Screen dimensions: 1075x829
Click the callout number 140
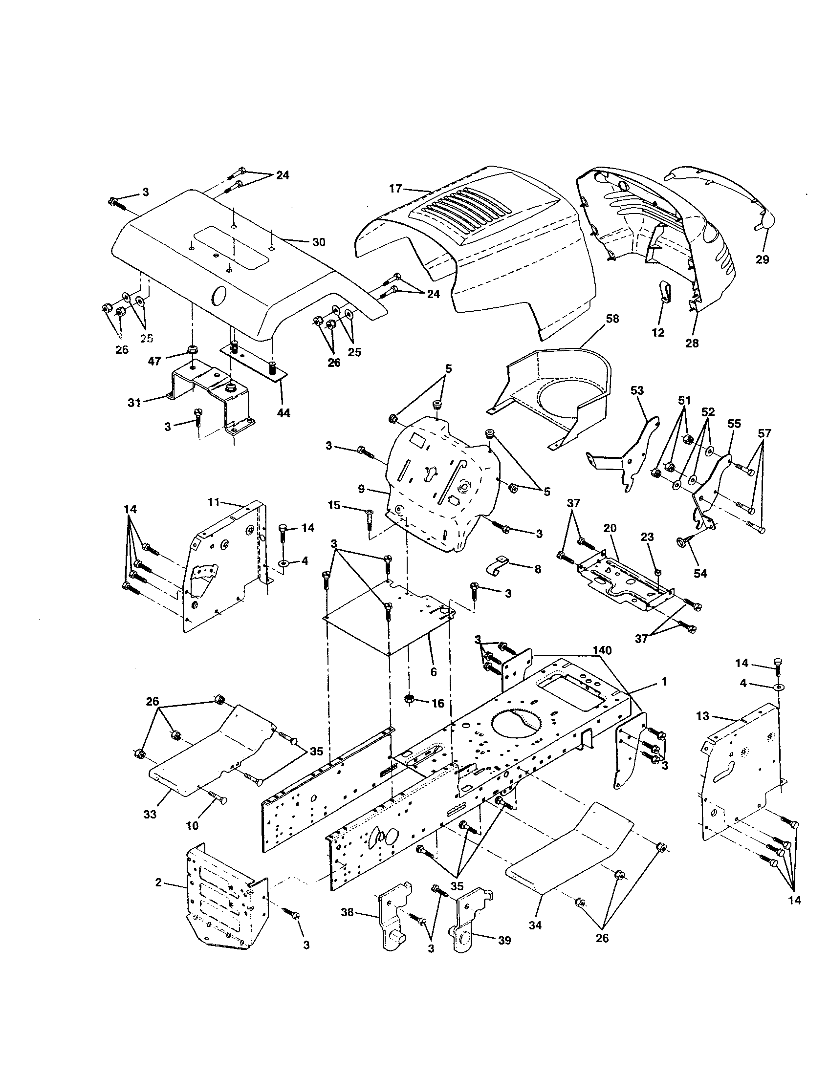point(602,651)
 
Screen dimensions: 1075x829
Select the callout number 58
point(612,319)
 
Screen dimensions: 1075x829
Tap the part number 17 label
point(395,189)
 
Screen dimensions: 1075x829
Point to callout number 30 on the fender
point(319,242)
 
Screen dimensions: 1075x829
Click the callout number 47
point(154,360)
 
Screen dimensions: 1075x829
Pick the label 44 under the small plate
point(284,413)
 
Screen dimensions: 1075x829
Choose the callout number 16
point(437,703)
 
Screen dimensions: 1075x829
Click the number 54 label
point(700,573)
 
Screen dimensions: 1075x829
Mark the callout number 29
point(762,259)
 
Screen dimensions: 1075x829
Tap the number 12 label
point(658,332)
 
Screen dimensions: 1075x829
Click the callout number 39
point(504,941)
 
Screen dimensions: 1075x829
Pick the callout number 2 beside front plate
point(158,882)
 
